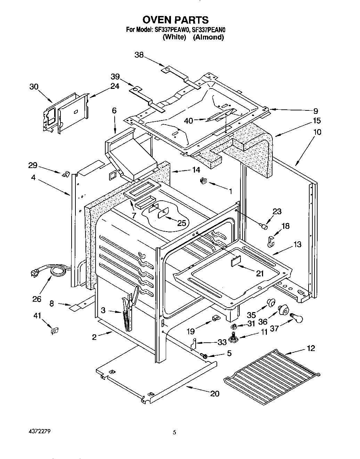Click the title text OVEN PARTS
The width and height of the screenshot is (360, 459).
pyautogui.click(x=175, y=19)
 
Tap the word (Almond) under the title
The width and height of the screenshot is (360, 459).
pyautogui.click(x=208, y=37)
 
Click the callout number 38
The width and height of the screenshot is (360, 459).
pyautogui.click(x=139, y=55)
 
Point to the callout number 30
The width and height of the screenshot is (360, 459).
pyautogui.click(x=34, y=87)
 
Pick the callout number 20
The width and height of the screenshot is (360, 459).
pyautogui.click(x=215, y=393)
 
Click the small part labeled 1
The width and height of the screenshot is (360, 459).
pyautogui.click(x=203, y=180)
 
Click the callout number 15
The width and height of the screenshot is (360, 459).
pyautogui.click(x=317, y=121)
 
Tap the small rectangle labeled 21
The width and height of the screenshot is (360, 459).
pyautogui.click(x=237, y=261)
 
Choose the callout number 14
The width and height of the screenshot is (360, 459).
pyautogui.click(x=196, y=170)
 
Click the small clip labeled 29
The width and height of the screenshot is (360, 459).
pyautogui.click(x=64, y=174)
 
